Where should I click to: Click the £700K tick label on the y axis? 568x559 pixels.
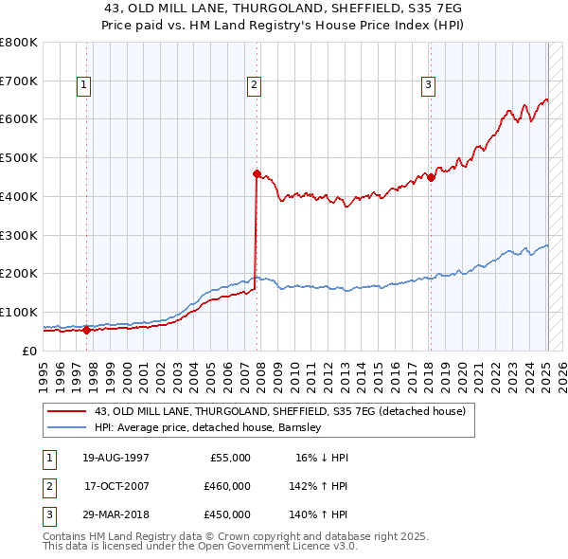pos(18,81)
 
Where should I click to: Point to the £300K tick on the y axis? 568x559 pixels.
pos(18,235)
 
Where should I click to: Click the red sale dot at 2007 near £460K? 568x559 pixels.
pos(257,173)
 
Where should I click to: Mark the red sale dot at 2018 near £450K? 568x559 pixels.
pos(431,177)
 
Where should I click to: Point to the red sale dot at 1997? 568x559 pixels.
pos(86,330)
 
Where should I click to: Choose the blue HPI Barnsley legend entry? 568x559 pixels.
pos(208,427)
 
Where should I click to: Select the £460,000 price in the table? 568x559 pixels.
pos(227,486)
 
